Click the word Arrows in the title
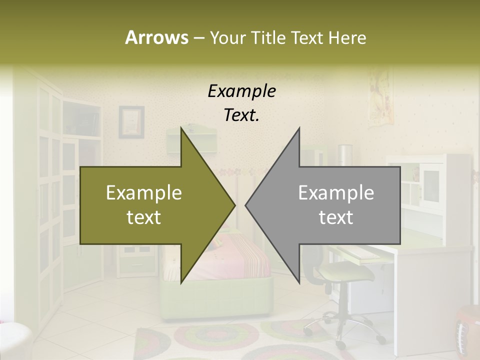coord(156,37)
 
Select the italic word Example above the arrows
coord(241,91)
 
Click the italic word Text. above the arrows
coord(241,115)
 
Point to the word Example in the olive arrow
coord(144,192)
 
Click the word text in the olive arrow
coord(144,217)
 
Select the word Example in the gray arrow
coord(336,192)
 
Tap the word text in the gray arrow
coord(336,217)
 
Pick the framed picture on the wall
coord(131,122)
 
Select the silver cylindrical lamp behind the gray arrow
coord(345,155)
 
